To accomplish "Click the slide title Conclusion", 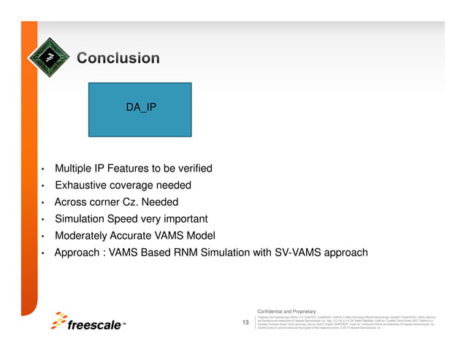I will pyautogui.click(x=118, y=58).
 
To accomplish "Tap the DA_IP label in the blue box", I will pyautogui.click(x=141, y=107).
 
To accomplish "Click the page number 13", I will pyautogui.click(x=245, y=322).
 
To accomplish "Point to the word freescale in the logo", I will pyautogui.click(x=95, y=326).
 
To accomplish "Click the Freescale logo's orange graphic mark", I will pyautogui.click(x=58, y=321).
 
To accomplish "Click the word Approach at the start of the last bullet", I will pyautogui.click(x=78, y=253).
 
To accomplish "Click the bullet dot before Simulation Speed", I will pyautogui.click(x=44, y=220).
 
